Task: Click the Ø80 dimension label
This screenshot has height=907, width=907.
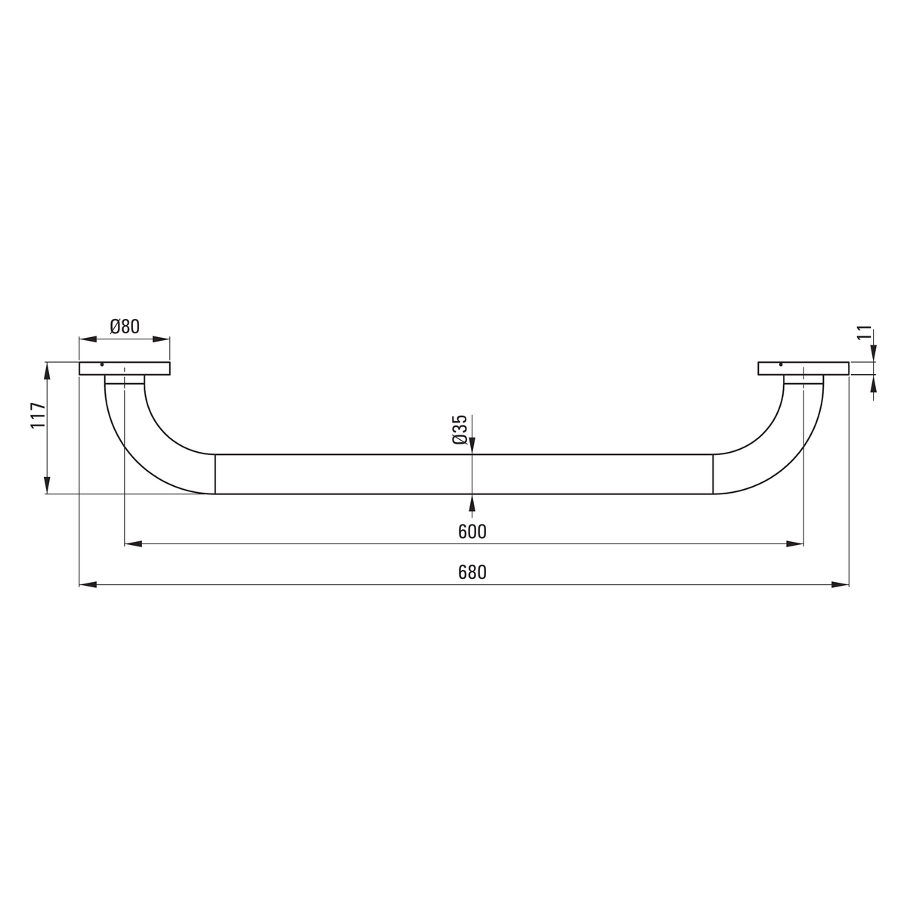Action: (x=125, y=327)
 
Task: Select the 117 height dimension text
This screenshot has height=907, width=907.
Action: (x=38, y=415)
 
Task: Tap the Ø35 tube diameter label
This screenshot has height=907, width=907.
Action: (x=459, y=429)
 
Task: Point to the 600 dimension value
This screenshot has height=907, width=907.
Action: (x=472, y=531)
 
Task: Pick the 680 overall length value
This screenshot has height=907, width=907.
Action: (x=472, y=572)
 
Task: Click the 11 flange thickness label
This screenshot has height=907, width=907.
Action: (x=864, y=333)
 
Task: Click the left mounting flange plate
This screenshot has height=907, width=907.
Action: (x=124, y=369)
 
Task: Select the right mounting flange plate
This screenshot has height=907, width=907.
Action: (x=803, y=369)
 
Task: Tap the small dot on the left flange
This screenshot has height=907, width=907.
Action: (x=102, y=365)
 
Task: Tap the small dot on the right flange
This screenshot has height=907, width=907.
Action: (x=781, y=365)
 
